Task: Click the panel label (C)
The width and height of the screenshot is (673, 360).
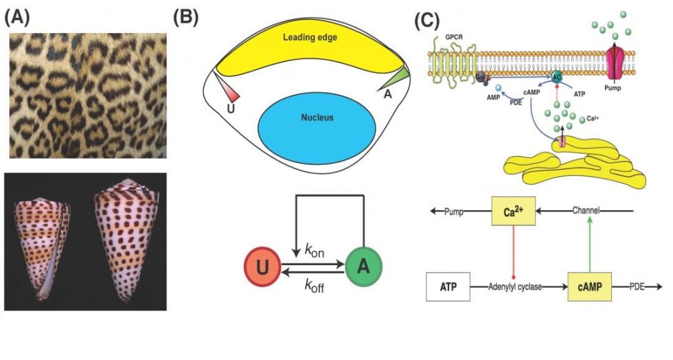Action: [428, 19]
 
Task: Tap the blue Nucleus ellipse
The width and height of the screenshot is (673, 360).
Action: [317, 118]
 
